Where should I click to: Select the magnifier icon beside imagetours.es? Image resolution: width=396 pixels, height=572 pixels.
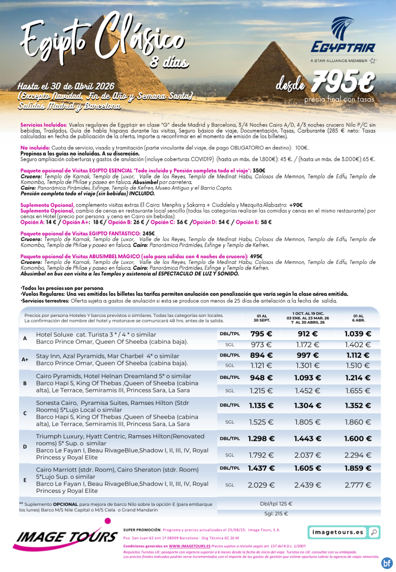coord(373,532)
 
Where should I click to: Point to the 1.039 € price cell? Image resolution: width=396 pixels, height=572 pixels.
coord(358,334)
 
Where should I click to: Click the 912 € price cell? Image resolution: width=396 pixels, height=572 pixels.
coord(307,334)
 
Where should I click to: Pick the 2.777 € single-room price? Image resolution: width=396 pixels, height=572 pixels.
coord(358,485)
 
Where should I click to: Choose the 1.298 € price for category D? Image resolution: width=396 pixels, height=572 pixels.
coord(261,438)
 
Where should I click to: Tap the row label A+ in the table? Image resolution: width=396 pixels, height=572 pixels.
coord(25,360)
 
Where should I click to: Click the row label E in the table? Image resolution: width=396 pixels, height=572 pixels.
coord(25,480)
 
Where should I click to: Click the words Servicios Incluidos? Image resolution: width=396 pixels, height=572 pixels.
coord(44,125)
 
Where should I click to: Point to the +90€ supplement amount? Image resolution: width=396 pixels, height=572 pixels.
coord(295,205)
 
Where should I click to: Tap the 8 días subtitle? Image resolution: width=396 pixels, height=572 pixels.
coord(169,62)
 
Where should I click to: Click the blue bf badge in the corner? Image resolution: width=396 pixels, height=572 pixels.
coord(386,563)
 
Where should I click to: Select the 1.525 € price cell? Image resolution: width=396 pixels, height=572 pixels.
coord(261,422)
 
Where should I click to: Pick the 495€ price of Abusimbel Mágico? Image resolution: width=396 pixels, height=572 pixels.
coord(256,256)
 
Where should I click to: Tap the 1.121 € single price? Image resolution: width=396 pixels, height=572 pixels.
coord(261,365)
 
